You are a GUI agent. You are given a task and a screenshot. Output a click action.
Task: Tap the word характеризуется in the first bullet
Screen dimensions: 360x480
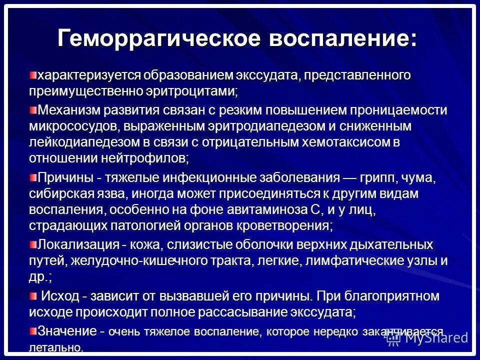[89, 75]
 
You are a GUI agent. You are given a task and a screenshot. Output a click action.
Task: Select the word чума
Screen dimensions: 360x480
[423, 177]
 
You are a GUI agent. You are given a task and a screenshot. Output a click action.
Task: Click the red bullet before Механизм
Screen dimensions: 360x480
[33, 109]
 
